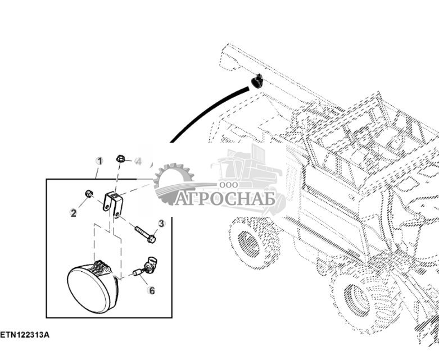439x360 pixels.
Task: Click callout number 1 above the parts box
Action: (99, 161)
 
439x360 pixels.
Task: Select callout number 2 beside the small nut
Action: (73, 212)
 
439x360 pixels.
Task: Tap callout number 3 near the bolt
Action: (161, 224)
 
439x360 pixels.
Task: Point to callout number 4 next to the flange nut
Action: (138, 161)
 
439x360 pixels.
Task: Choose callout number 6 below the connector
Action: (151, 290)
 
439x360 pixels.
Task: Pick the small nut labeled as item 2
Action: (89, 194)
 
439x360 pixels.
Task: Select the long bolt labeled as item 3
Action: (144, 234)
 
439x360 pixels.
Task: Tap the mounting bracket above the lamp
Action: (112, 203)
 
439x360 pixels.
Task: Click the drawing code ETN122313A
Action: (25, 335)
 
